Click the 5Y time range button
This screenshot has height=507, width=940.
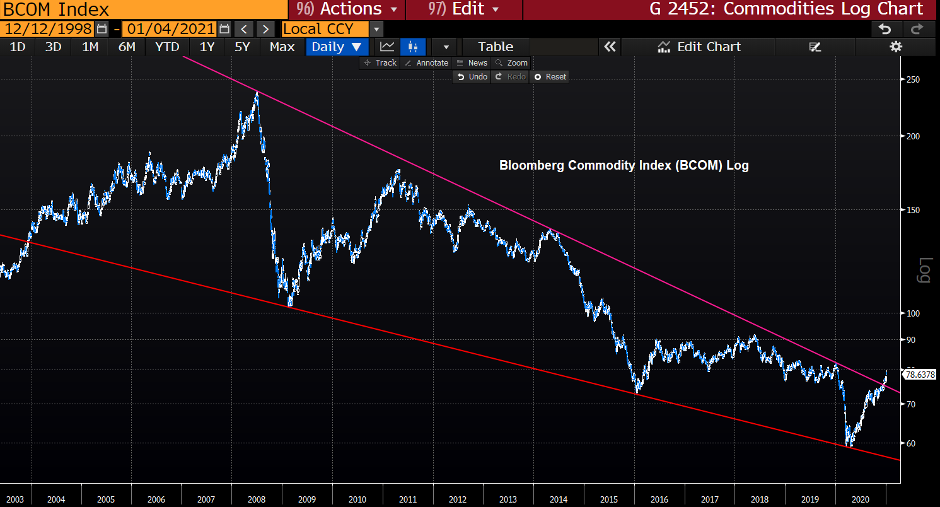coord(242,47)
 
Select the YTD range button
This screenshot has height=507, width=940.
coord(167,47)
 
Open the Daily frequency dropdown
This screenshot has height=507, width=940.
coord(337,47)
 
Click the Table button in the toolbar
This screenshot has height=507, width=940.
coord(496,47)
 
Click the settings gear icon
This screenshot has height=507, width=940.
coord(896,47)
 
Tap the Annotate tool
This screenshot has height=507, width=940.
coord(427,63)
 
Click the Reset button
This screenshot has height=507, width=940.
coord(550,77)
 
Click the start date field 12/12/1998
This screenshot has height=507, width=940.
coord(47,29)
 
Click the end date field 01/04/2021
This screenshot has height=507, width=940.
coord(170,29)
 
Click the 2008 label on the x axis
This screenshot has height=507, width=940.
coord(257,499)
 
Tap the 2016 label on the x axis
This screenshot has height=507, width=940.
coord(659,499)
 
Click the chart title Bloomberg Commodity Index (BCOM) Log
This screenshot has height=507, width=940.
coord(624,166)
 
